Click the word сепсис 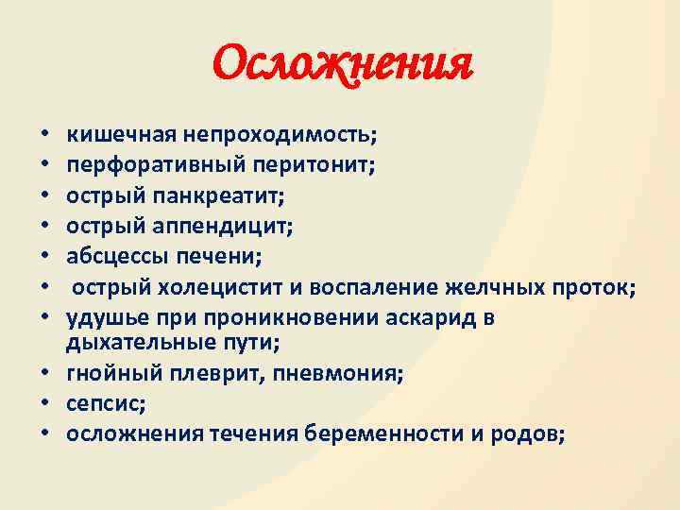coord(100,405)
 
